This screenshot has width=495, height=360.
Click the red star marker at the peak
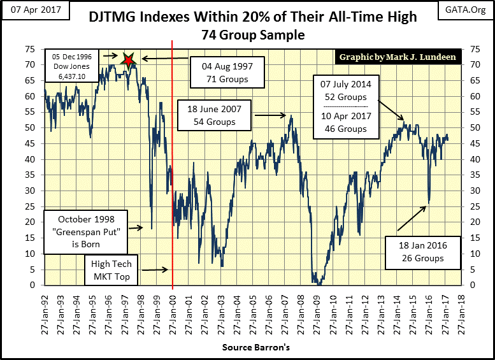(x=129, y=61)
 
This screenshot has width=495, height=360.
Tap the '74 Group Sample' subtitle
(x=247, y=36)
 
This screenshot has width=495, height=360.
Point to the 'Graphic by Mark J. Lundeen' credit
(x=398, y=57)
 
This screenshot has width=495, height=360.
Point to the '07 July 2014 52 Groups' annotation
(x=341, y=90)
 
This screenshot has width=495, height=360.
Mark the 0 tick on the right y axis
(x=471, y=285)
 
